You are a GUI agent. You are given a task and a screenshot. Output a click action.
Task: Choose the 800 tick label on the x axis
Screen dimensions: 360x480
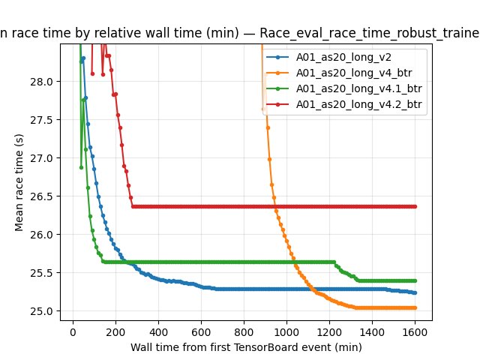(244, 331)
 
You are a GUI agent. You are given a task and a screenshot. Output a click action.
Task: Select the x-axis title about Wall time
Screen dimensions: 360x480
(244, 347)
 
